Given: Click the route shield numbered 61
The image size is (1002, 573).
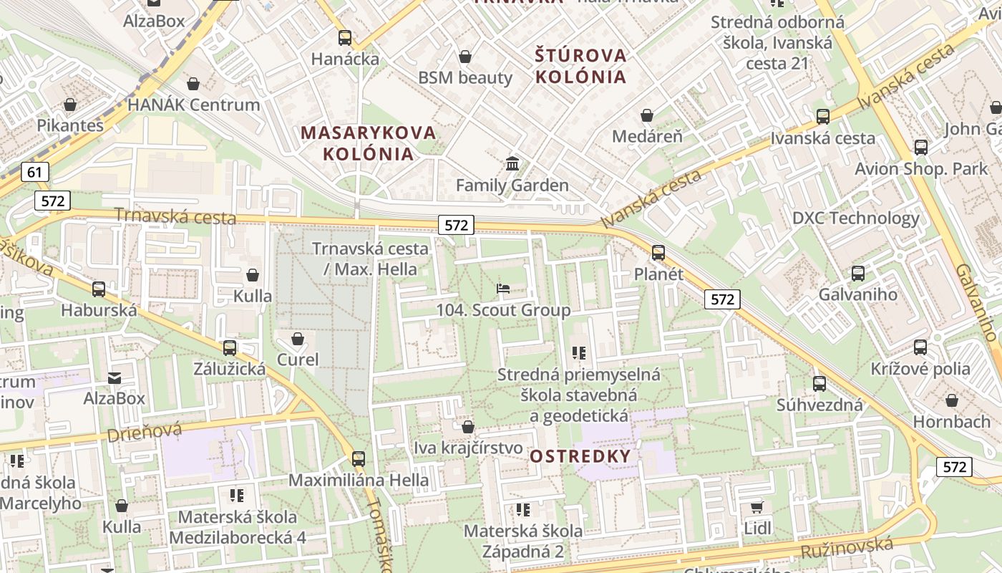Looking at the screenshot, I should tap(34, 172).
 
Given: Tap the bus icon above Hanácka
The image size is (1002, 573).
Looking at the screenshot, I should tap(345, 38).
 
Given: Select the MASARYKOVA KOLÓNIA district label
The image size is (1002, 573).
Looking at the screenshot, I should tap(368, 143).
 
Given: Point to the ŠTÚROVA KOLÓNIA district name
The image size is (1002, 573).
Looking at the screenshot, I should tap(580, 65).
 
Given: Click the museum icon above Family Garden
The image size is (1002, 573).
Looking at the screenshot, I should tap(512, 164).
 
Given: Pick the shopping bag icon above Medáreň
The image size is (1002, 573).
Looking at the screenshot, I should tap(647, 115).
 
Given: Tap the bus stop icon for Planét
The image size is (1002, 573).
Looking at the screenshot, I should tap(658, 253).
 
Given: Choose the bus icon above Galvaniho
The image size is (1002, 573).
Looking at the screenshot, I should tap(857, 273).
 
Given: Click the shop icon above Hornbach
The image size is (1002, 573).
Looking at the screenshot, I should tap(952, 400).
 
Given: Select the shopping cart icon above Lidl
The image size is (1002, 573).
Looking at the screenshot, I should tap(757, 508).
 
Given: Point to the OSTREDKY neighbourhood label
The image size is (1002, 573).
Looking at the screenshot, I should tap(580, 456).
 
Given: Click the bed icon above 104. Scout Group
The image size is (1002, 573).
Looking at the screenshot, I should tap(503, 289).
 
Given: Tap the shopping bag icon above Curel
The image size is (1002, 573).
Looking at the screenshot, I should tap(298, 338).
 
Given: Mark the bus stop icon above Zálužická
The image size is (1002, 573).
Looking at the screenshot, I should tap(230, 348).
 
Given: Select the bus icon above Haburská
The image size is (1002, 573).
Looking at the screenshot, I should tap(99, 289).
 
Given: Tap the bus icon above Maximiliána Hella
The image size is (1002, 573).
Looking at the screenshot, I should tap(359, 459).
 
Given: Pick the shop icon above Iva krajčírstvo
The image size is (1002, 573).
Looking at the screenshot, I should tap(468, 427).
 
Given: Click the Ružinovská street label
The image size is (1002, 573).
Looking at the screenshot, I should tap(847, 548).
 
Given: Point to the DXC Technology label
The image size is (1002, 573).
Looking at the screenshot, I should tap(855, 218).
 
